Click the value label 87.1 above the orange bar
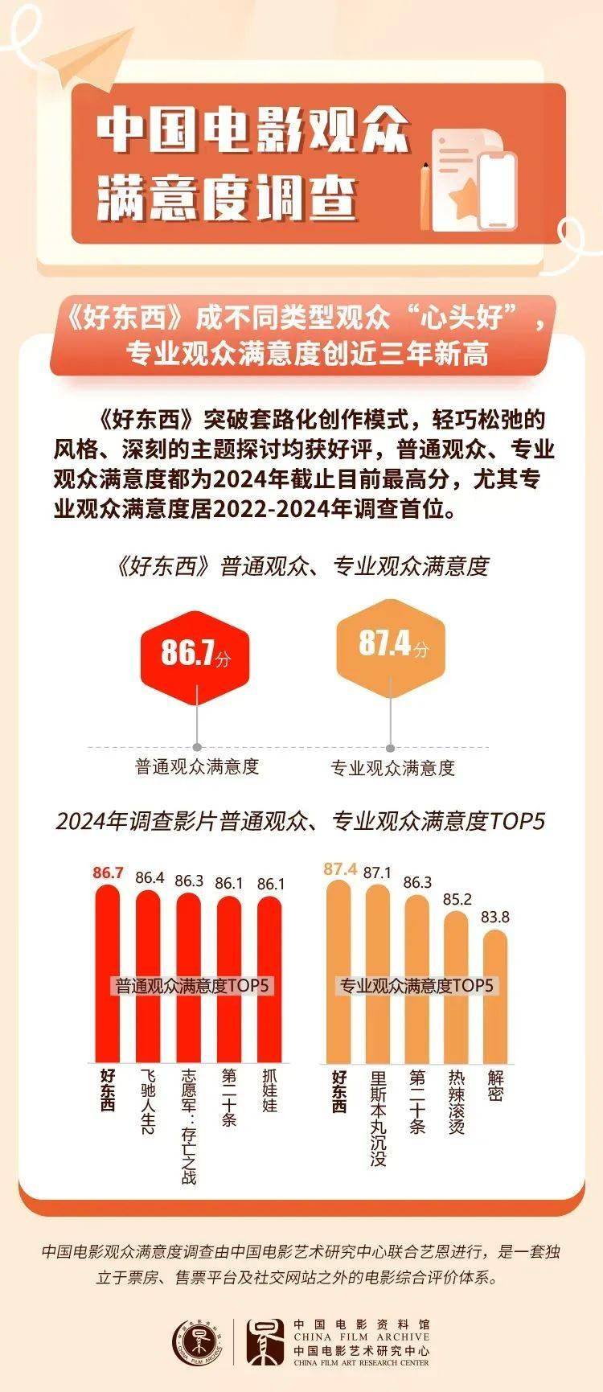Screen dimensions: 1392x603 point(377,873)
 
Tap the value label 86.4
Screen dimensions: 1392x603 point(150,877)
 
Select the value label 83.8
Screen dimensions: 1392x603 point(495,917)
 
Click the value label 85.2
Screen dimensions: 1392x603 point(457,899)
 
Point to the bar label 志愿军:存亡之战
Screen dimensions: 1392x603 point(189,1127)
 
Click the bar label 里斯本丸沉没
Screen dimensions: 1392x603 point(378,1118)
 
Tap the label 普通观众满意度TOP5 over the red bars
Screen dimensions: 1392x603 point(193,986)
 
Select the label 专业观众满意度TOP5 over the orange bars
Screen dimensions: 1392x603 point(416,986)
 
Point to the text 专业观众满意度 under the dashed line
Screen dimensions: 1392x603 point(392,768)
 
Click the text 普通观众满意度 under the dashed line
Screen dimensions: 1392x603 point(197,766)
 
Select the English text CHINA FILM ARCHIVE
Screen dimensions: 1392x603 point(361,1337)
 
